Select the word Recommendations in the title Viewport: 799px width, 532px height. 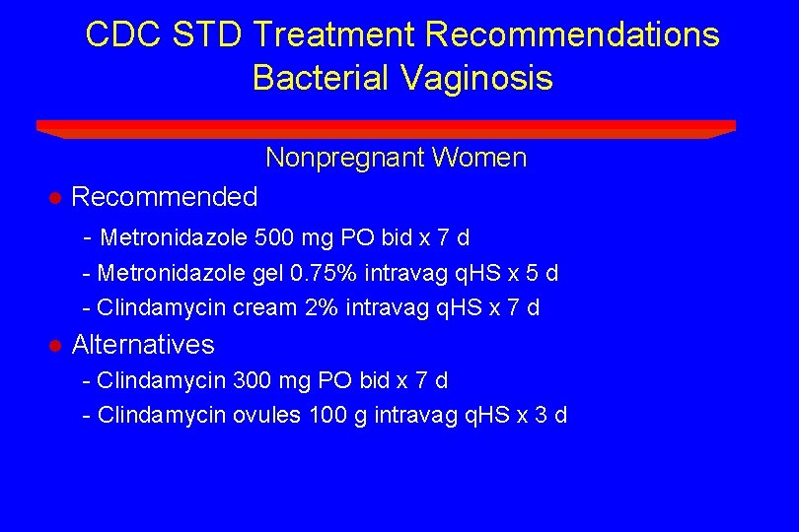pyautogui.click(x=572, y=35)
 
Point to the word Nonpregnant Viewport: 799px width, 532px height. pyautogui.click(x=344, y=158)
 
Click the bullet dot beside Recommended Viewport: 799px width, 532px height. pyautogui.click(x=56, y=198)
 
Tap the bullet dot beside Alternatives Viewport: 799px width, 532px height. pyautogui.click(x=56, y=346)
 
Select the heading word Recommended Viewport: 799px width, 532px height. pyautogui.click(x=165, y=197)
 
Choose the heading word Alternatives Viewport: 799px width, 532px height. pyautogui.click(x=143, y=345)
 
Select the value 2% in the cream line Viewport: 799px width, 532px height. pyautogui.click(x=321, y=307)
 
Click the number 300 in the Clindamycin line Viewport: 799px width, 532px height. pyautogui.click(x=252, y=380)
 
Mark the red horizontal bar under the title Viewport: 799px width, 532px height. pyautogui.click(x=386, y=127)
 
